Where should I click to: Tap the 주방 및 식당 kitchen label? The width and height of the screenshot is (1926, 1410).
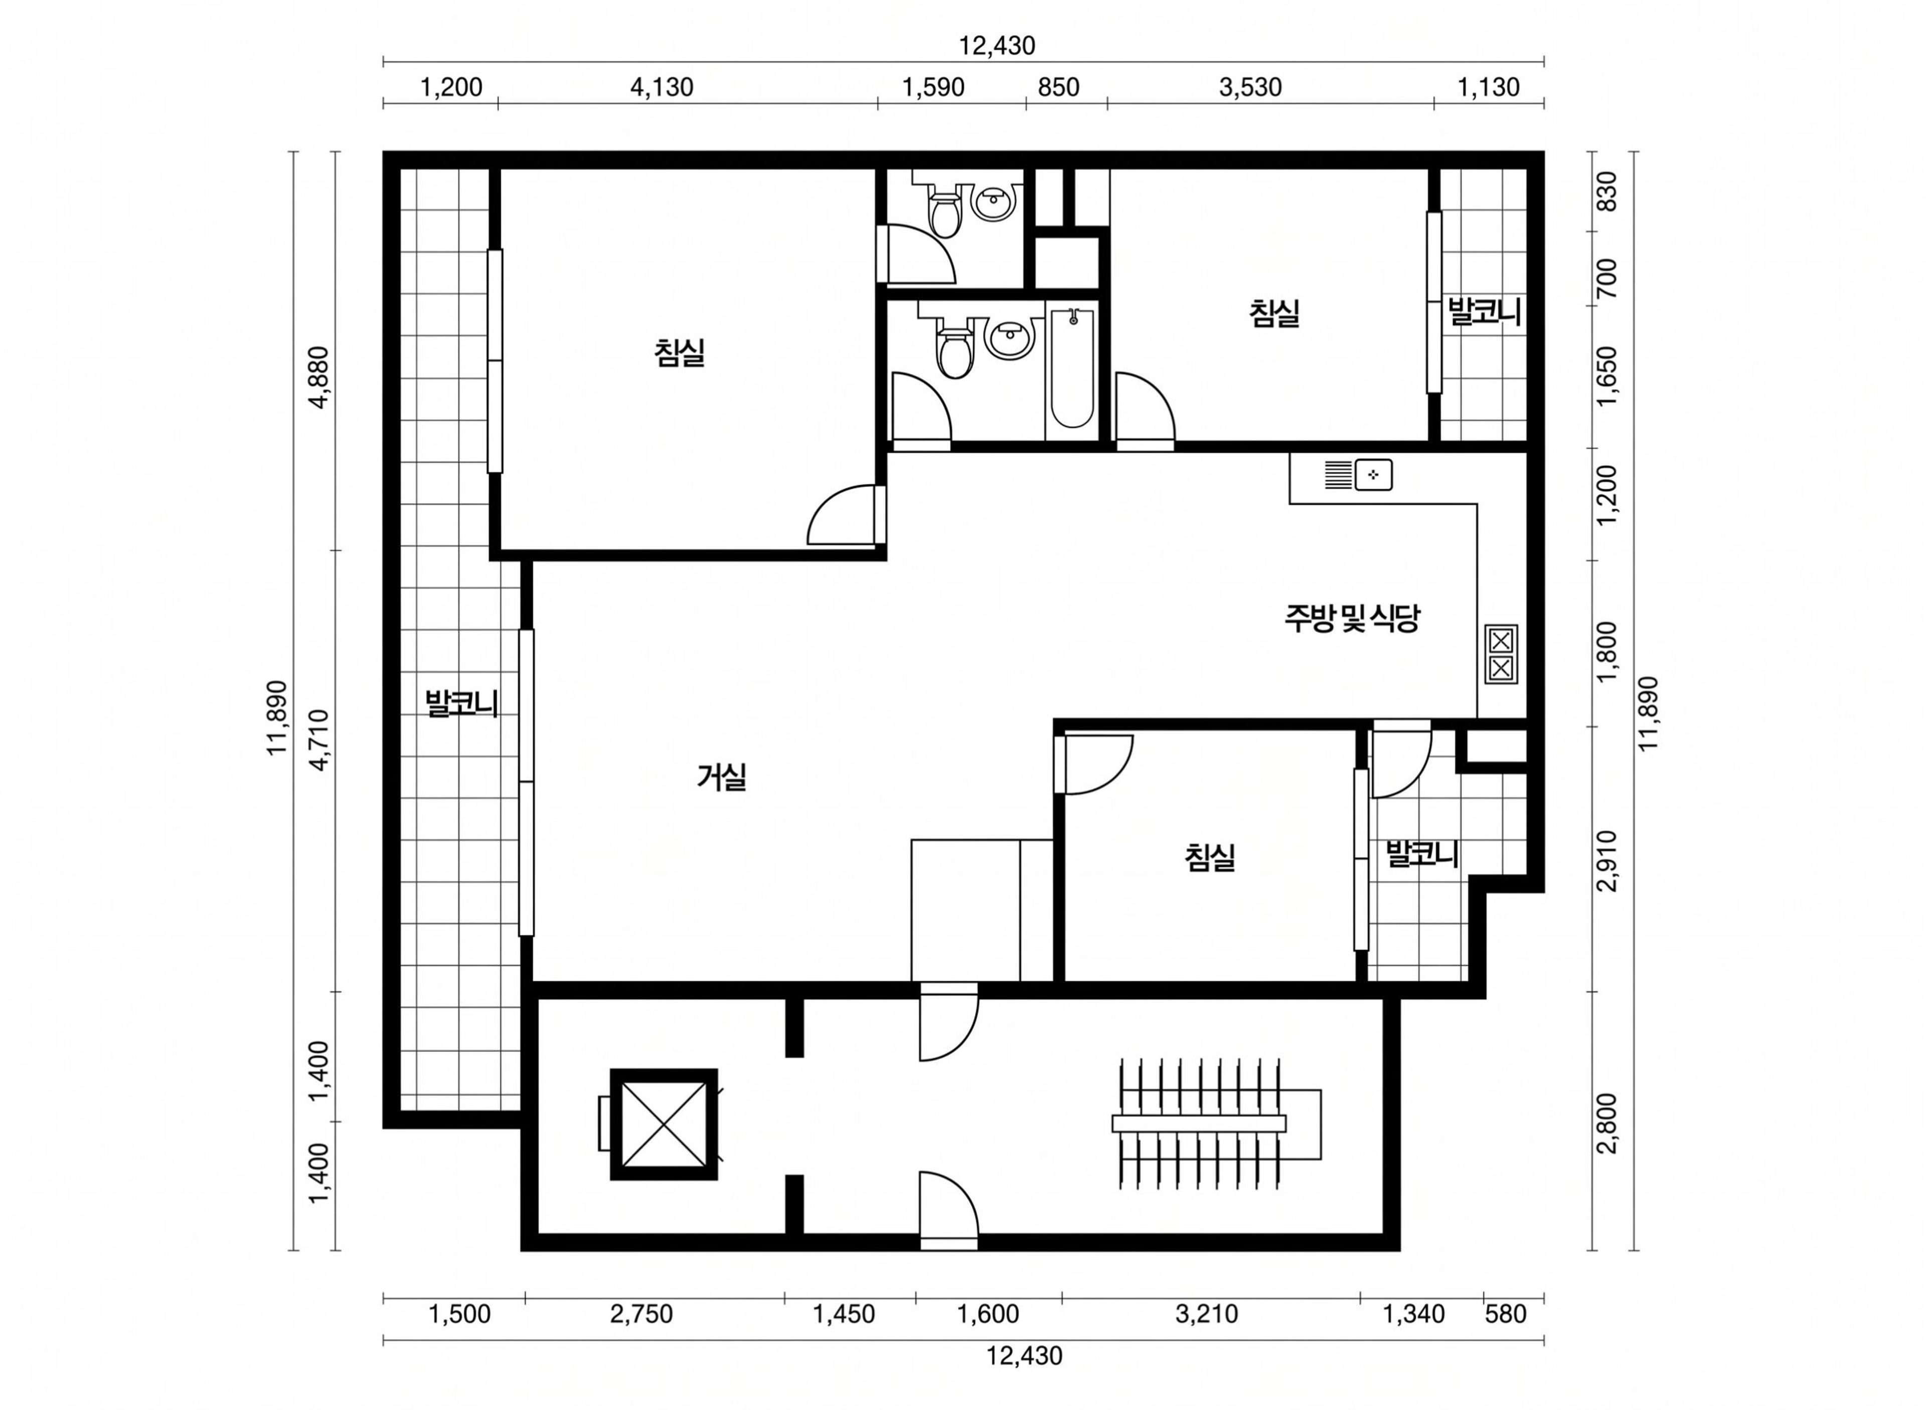click(1352, 618)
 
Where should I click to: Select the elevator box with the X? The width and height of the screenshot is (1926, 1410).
click(664, 1124)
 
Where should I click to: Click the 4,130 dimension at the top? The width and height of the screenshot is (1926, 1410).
click(662, 87)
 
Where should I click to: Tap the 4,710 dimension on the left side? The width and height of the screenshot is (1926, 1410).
click(319, 740)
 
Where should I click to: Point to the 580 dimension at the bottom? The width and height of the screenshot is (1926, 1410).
click(1505, 1314)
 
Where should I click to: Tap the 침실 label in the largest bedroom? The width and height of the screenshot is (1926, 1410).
click(680, 353)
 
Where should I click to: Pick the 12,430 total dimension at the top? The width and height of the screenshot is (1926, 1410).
click(997, 45)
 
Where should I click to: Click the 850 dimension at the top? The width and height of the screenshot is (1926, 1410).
click(1058, 87)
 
